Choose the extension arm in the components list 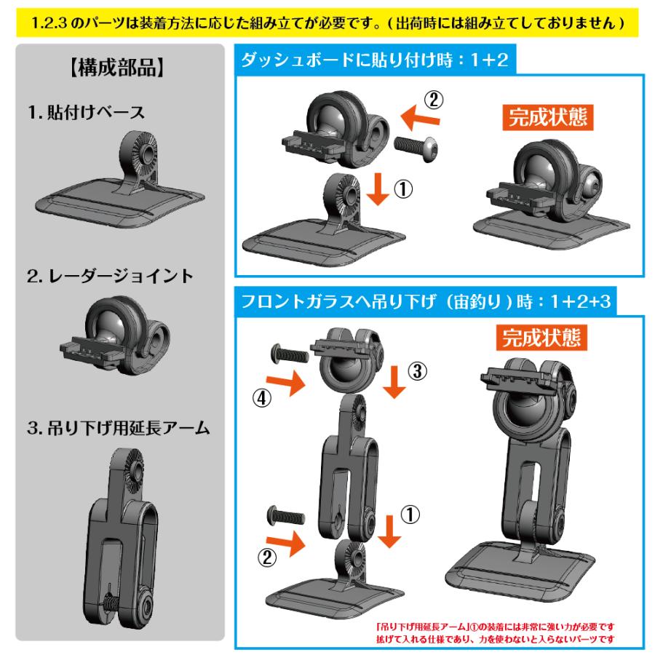point(122,539)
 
